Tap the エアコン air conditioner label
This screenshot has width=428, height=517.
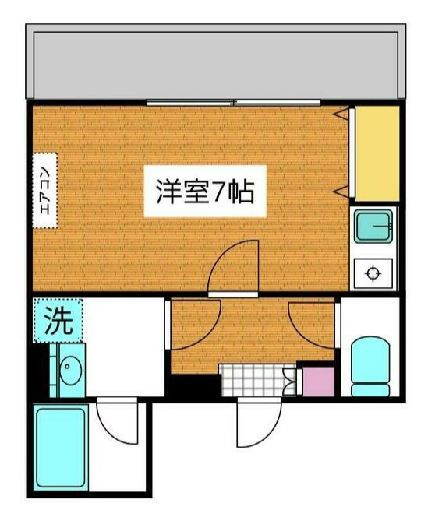[x=45, y=190]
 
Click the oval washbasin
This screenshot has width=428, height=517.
[x=69, y=368]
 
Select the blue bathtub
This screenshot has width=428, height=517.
[x=60, y=447]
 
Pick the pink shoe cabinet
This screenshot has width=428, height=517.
[x=317, y=381]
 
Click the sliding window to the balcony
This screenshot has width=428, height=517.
[x=234, y=103]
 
